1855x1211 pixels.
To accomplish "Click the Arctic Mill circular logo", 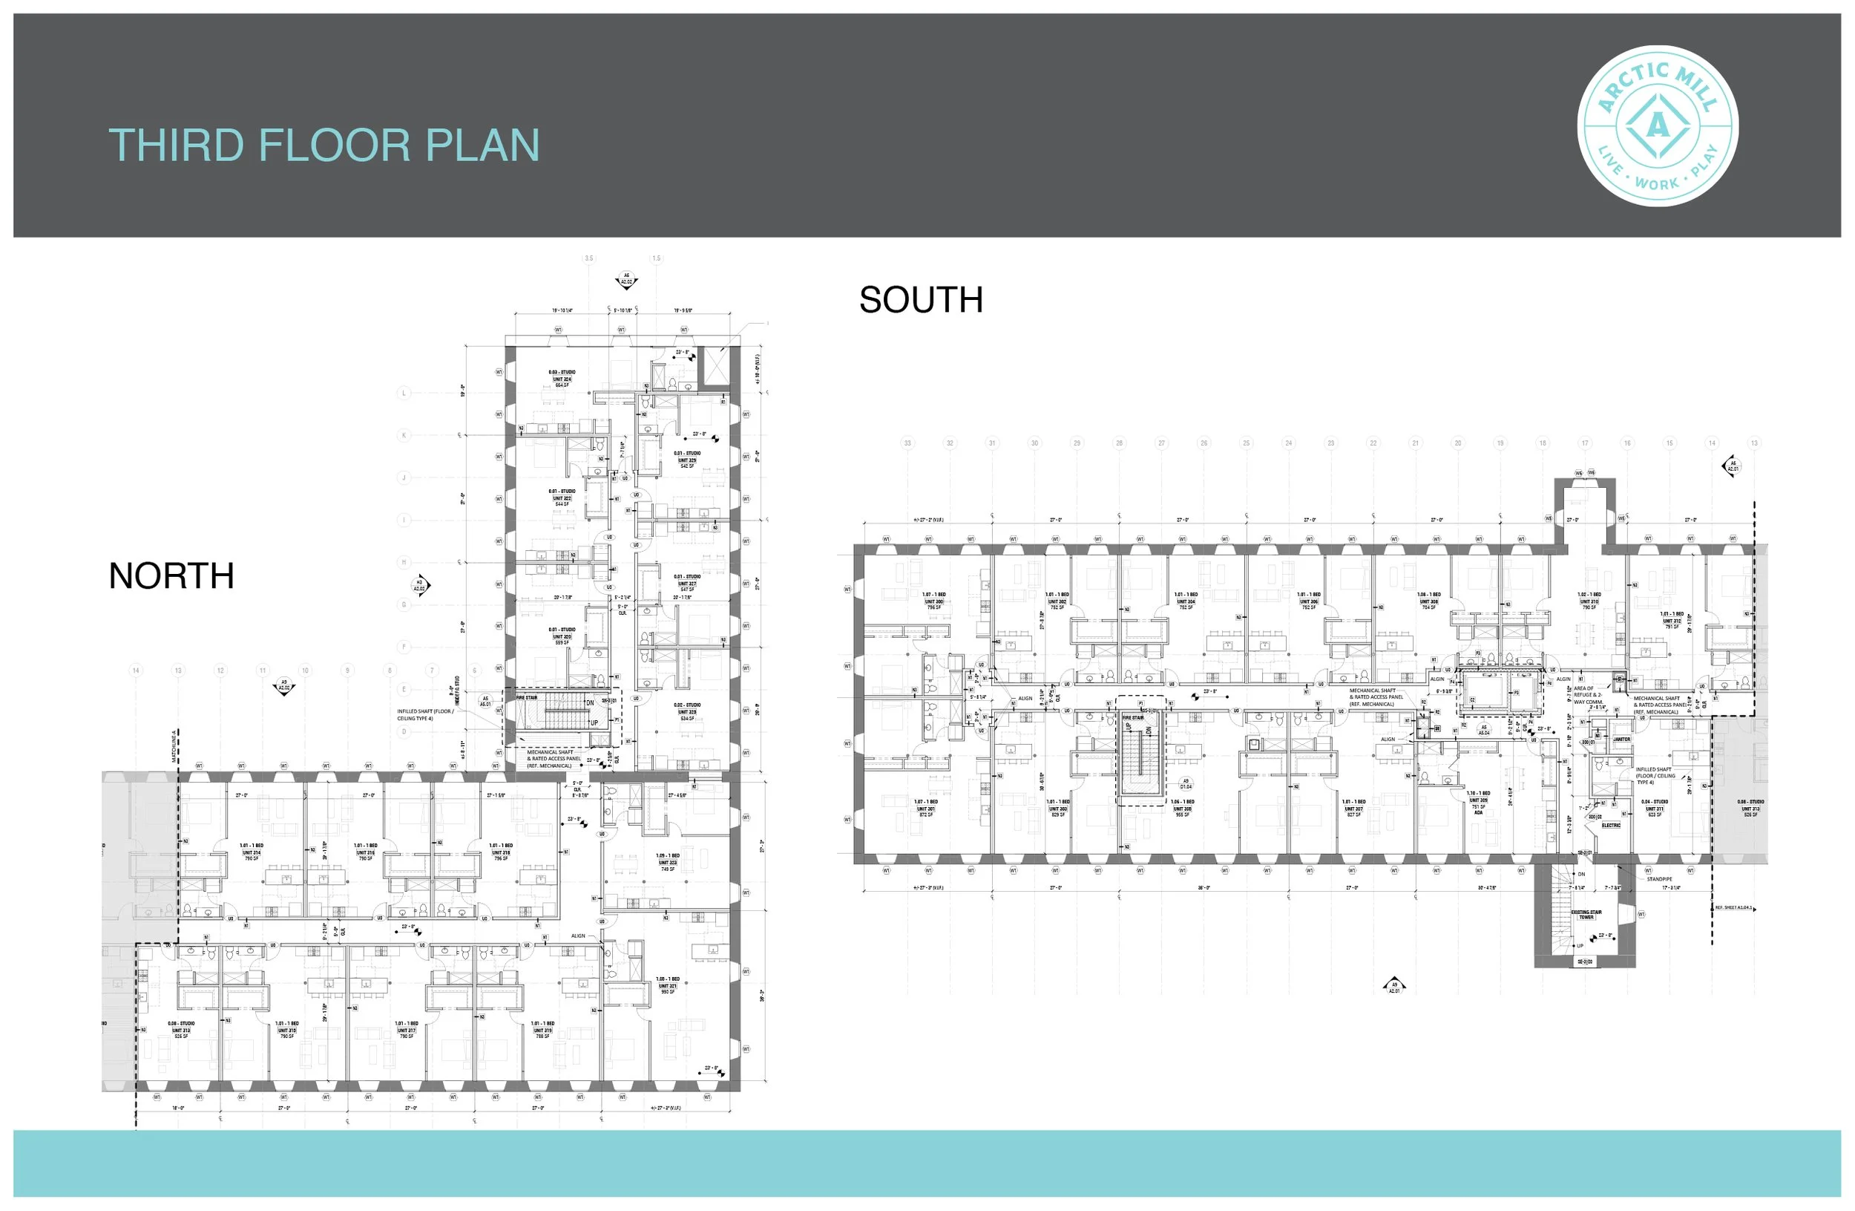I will pos(1657,125).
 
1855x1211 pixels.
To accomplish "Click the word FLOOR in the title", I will pos(334,146).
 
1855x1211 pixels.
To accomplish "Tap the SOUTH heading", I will pos(921,300).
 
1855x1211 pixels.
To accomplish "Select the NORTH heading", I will pos(171,576).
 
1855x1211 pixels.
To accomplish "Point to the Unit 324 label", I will pos(562,379).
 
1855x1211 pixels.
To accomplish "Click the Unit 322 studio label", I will pos(562,497).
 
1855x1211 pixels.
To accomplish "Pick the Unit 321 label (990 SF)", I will pos(667,985).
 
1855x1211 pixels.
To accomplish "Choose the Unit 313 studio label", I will pos(181,1029).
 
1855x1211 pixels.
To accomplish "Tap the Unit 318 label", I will pos(500,852).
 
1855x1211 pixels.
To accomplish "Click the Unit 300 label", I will pos(933,601).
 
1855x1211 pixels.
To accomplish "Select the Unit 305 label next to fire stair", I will pos(1181,808).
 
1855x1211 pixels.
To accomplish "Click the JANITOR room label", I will pos(1621,740).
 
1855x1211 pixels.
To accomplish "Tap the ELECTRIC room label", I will pos(1611,825).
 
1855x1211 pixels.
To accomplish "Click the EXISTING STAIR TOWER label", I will pos(1586,914).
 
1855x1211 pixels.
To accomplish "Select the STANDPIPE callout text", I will pos(1659,879).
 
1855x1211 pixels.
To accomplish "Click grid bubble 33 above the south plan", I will pos(907,443).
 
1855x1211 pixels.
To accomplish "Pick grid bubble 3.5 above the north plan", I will pos(588,258).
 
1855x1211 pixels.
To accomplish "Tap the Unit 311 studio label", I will pos(1654,808).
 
